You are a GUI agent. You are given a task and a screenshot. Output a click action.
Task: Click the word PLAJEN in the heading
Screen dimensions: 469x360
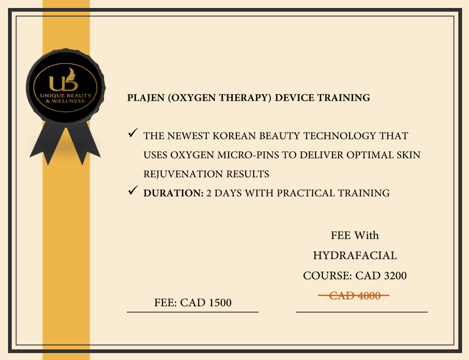click(145, 97)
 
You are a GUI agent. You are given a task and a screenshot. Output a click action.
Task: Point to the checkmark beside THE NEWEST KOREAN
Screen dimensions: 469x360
click(133, 133)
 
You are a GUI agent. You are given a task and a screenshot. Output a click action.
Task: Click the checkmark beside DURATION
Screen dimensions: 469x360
click(133, 190)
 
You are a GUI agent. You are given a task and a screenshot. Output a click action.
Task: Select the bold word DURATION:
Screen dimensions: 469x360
click(174, 193)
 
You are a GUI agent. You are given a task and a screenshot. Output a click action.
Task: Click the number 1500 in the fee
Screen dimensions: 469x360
click(220, 302)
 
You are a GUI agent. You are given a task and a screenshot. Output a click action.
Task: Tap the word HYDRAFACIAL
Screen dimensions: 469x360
click(355, 256)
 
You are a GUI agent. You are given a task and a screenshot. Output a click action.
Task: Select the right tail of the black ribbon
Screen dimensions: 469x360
click(84, 143)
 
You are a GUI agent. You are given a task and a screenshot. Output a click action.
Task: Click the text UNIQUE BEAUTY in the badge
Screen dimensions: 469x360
click(66, 96)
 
